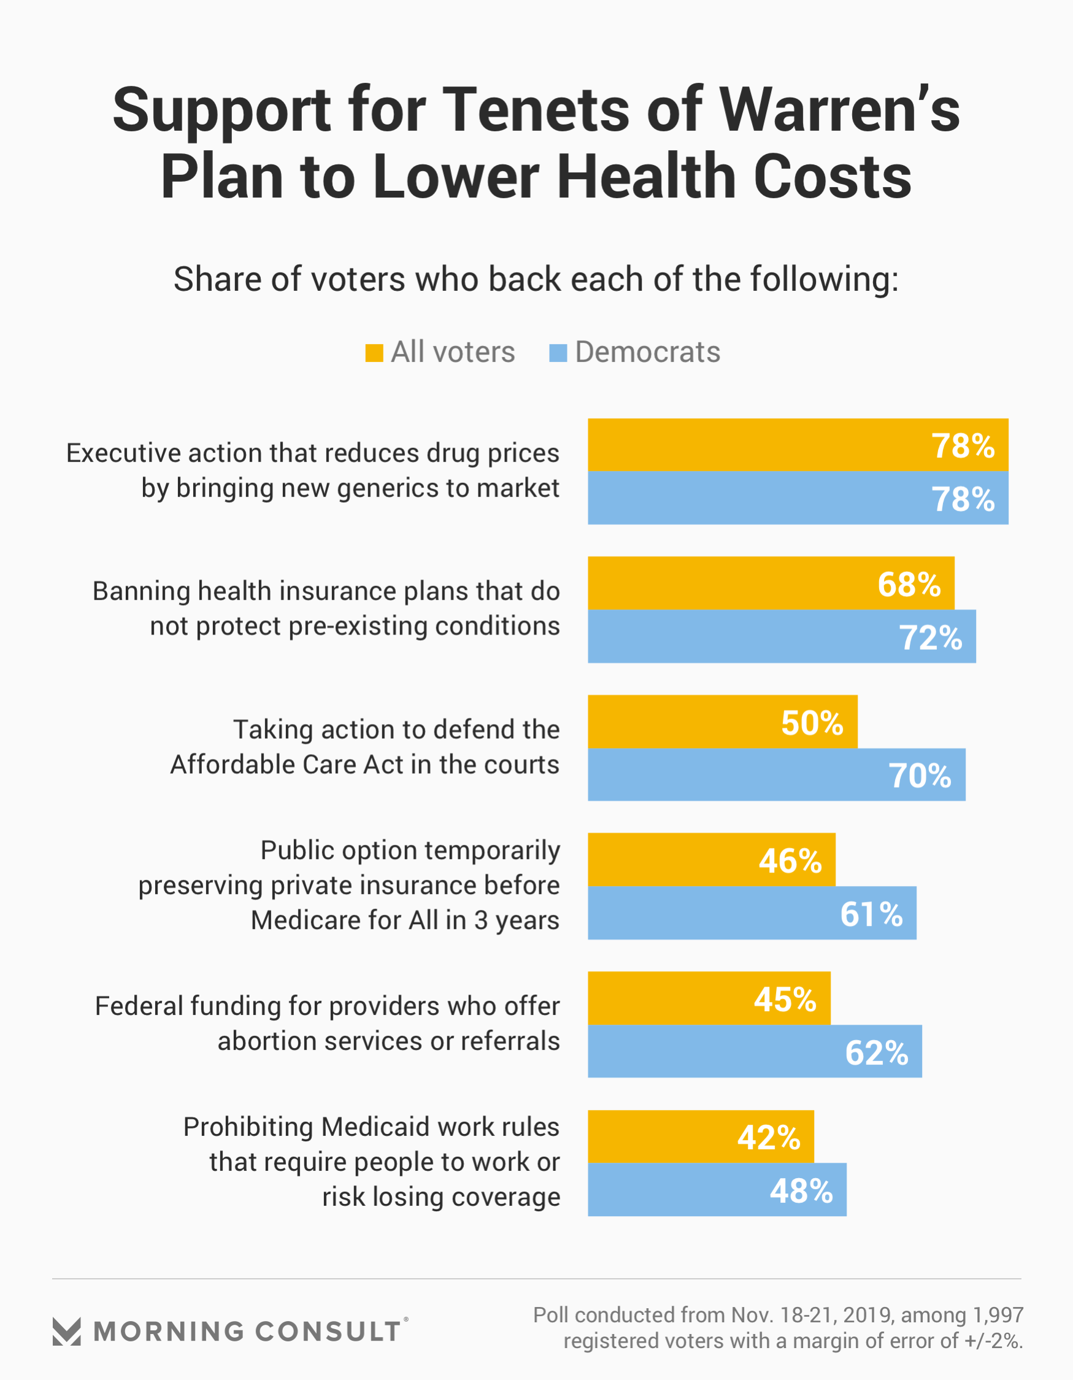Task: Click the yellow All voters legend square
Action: (x=374, y=353)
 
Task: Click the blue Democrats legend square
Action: (x=558, y=353)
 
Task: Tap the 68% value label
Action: (x=909, y=584)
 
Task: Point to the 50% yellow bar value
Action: (x=812, y=722)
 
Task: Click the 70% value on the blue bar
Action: (x=920, y=776)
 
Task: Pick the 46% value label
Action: (x=790, y=861)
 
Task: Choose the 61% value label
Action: (x=871, y=914)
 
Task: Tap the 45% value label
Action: (x=785, y=999)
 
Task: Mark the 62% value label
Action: (x=877, y=1053)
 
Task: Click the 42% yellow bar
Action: (x=701, y=1138)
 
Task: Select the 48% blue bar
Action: (x=717, y=1190)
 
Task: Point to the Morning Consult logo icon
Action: (x=66, y=1332)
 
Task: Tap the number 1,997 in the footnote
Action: (x=998, y=1315)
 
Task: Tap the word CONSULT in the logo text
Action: (x=328, y=1332)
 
